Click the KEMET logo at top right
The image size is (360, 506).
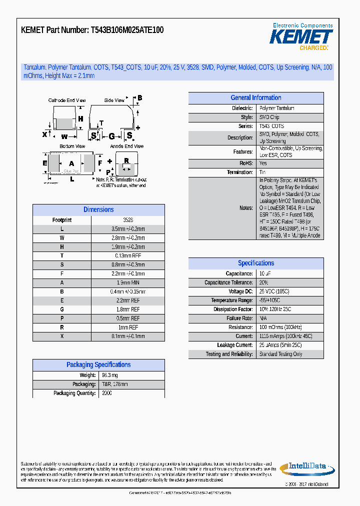click(x=301, y=37)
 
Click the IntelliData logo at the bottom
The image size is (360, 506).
click(x=307, y=467)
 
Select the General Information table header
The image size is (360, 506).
click(x=256, y=98)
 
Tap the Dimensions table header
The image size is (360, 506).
click(x=98, y=210)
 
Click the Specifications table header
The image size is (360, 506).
click(x=256, y=263)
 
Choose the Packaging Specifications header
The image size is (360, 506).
click(x=98, y=365)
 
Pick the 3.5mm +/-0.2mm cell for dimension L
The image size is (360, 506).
click(x=128, y=229)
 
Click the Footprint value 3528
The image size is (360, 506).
click(x=128, y=220)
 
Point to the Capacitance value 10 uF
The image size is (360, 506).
click(x=265, y=274)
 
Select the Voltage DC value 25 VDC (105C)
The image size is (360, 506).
click(x=274, y=291)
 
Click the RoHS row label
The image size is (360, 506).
click(x=246, y=163)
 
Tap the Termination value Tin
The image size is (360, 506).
click(x=262, y=172)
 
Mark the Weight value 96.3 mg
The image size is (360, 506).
click(x=110, y=375)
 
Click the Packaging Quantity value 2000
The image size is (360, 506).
click(x=107, y=393)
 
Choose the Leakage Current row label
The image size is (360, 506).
click(x=234, y=345)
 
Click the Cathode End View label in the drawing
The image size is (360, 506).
click(x=67, y=100)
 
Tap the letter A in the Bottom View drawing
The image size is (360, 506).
click(x=71, y=163)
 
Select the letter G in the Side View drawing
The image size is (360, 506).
click(x=112, y=136)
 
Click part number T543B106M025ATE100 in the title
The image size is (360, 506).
click(x=127, y=30)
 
